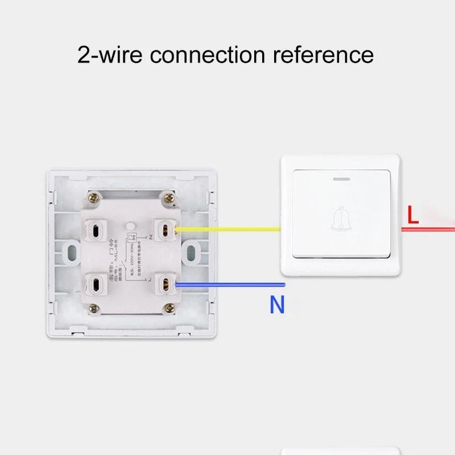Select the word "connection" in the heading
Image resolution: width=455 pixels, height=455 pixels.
click(x=208, y=55)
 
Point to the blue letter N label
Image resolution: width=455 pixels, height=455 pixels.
click(x=277, y=305)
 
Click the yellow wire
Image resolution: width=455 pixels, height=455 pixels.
click(x=227, y=230)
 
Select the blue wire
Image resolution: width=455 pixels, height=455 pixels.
click(x=227, y=284)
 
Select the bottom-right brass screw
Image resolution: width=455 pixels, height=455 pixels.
click(x=169, y=308)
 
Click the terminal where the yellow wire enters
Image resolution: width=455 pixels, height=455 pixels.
click(x=166, y=230)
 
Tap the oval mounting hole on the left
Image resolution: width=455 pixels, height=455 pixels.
click(x=72, y=252)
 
